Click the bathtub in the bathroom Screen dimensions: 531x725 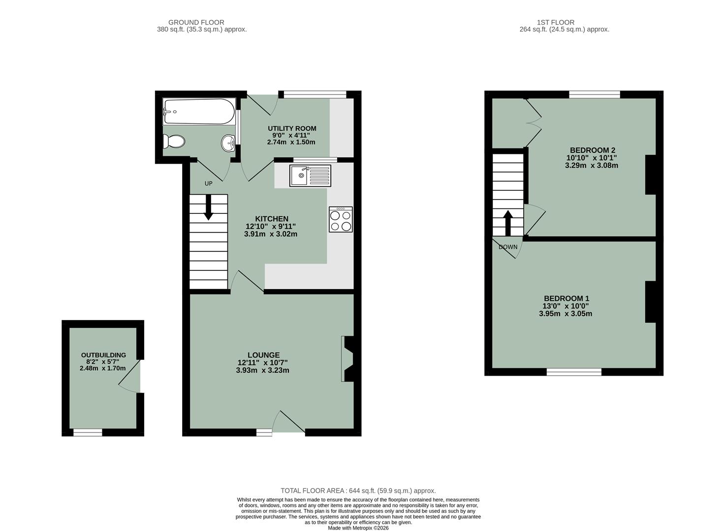(x=199, y=112)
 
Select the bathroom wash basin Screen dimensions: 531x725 (x=228, y=143)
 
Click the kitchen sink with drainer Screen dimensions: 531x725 (x=310, y=176)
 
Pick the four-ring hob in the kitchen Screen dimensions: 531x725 (x=341, y=219)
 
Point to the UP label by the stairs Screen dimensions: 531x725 (x=208, y=183)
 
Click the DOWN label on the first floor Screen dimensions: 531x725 (x=508, y=247)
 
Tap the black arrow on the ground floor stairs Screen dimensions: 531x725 (x=208, y=207)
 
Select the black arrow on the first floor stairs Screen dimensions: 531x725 (x=507, y=224)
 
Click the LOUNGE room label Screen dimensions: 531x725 (x=263, y=355)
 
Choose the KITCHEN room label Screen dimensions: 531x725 (x=271, y=219)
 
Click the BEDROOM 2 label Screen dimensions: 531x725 (x=592, y=150)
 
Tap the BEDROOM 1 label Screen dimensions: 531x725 (x=566, y=298)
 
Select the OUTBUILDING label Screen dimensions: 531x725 (x=103, y=355)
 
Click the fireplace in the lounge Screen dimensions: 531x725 (x=347, y=359)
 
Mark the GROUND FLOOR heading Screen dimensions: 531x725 (x=196, y=22)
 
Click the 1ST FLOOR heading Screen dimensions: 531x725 (x=555, y=22)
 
